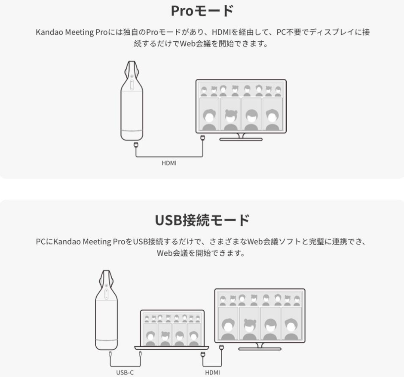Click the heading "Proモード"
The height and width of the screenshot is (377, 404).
202,11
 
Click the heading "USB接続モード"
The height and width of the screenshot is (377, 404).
202,220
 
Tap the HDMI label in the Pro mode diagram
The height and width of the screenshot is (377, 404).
169,163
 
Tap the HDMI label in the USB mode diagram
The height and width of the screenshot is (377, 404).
213,372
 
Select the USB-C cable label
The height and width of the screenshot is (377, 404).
125,372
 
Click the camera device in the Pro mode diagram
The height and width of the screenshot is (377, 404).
132,103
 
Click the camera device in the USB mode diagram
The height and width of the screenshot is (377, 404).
106,312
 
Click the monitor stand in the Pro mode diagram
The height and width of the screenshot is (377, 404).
241,138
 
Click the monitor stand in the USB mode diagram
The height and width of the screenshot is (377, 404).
260,346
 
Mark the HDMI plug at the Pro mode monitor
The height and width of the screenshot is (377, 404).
203,138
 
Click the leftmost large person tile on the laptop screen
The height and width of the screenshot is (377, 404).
150,335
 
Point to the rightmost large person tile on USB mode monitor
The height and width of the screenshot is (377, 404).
291,324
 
